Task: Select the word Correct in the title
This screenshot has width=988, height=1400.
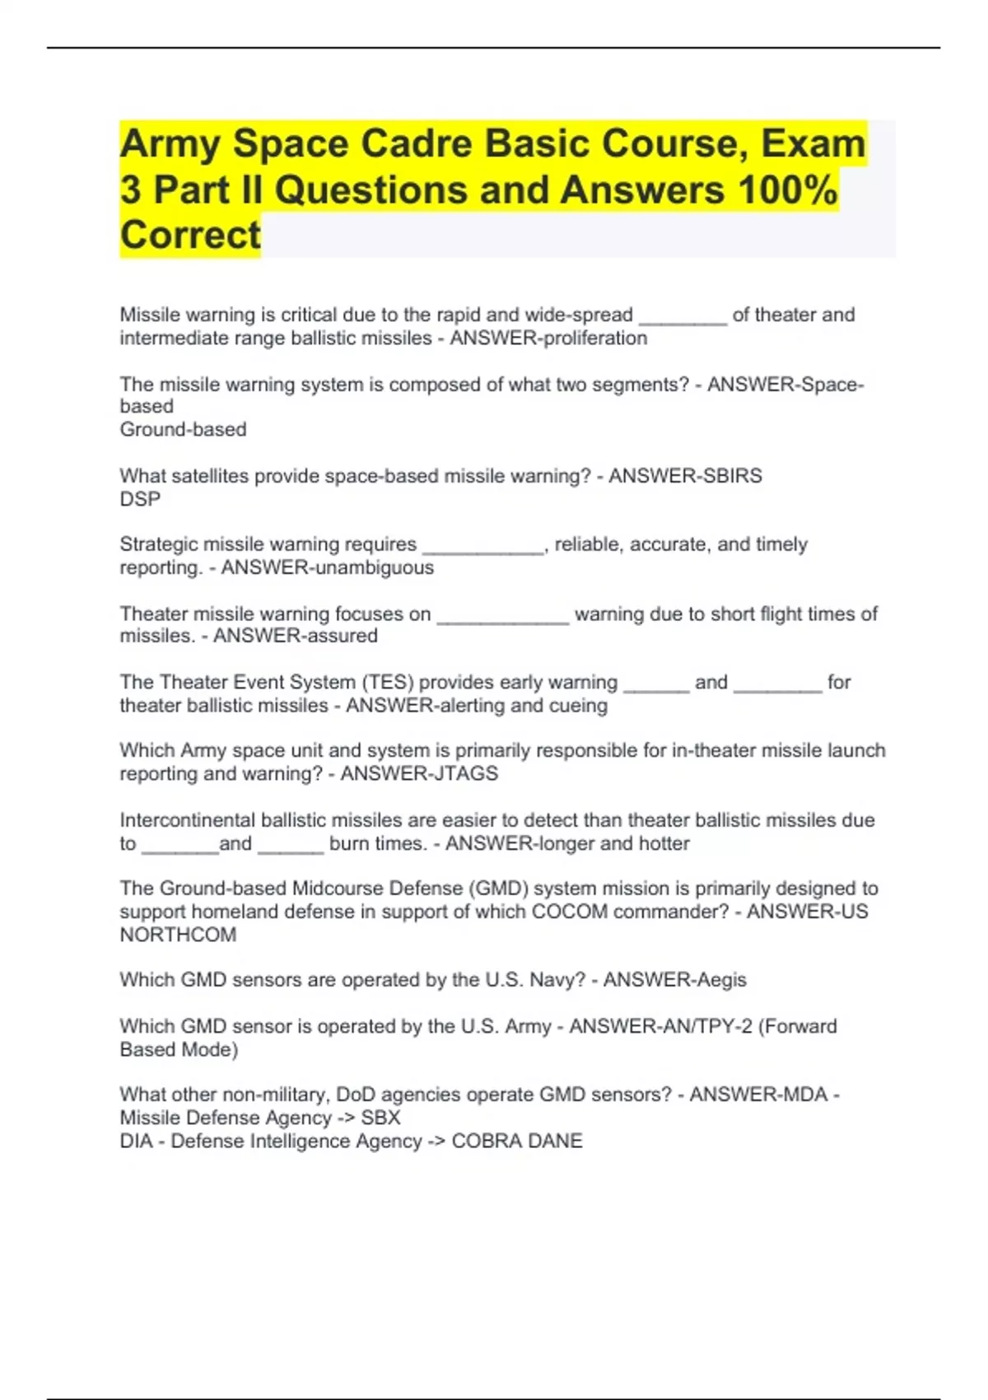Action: pos(190,236)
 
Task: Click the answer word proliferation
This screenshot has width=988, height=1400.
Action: pos(591,338)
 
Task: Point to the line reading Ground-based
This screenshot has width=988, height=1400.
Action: pos(183,430)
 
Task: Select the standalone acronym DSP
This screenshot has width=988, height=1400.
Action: pos(140,499)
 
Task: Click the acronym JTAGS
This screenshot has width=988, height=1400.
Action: pos(465,774)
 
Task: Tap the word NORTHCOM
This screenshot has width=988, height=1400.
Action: pos(178,936)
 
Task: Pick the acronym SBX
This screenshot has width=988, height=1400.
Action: pos(380,1118)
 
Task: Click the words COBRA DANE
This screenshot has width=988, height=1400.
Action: pos(517,1141)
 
